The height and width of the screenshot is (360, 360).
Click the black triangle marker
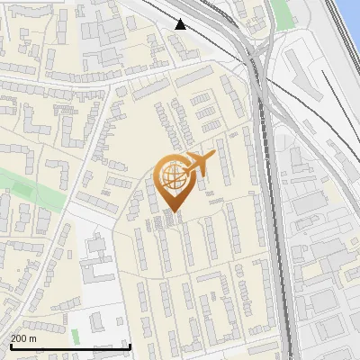[x=181, y=24]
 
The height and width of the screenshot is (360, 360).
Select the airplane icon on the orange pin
[x=197, y=165]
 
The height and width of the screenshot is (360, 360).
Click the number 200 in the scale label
[x=20, y=338]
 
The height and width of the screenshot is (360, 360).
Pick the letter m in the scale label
[x=34, y=339]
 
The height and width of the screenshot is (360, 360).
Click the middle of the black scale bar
[x=70, y=346]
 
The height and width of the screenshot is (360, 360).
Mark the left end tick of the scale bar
[x=11, y=345]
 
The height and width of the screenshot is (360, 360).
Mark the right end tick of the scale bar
[x=130, y=345]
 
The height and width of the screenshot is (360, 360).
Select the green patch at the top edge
[x=283, y=12]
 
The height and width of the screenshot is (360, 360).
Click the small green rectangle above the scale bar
[x=97, y=320]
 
